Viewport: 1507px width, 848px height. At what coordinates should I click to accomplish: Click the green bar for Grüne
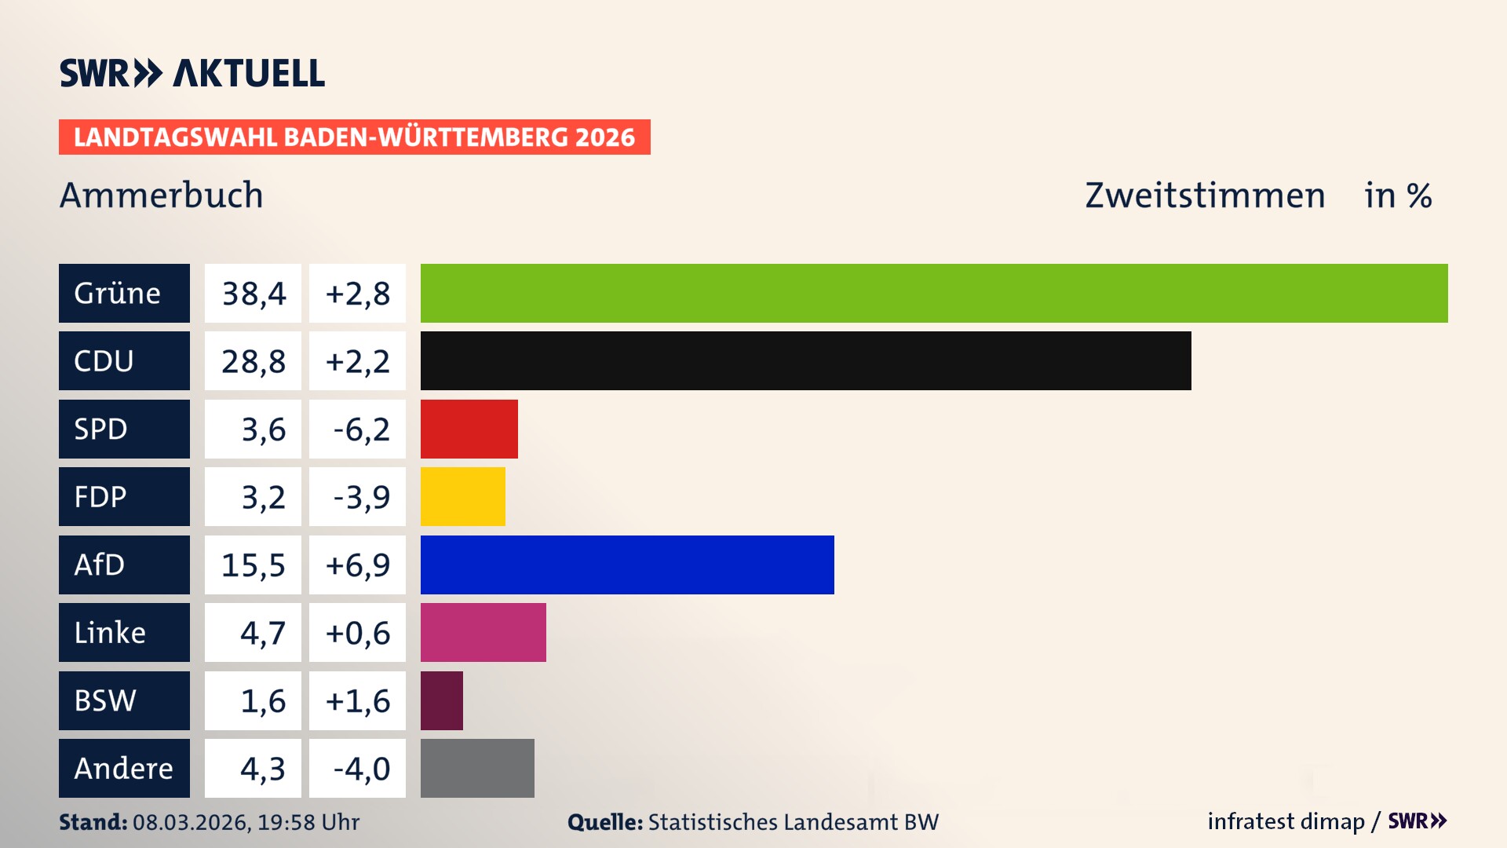934,293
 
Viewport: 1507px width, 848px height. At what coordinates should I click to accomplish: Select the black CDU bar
805,360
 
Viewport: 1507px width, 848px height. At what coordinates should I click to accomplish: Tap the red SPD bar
469,429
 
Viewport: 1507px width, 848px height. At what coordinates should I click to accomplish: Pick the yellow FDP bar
462,496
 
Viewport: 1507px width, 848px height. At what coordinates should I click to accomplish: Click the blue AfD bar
627,565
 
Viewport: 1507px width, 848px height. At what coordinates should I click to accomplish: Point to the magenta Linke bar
483,632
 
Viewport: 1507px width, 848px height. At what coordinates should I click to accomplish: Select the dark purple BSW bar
441,700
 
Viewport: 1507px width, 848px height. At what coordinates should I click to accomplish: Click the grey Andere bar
477,768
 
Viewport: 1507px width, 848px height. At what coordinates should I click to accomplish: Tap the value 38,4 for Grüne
254,294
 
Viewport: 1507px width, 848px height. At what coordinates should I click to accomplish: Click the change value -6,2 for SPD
360,429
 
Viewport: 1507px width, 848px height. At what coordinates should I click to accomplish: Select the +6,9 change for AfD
358,565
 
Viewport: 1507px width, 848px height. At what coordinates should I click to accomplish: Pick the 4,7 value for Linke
262,633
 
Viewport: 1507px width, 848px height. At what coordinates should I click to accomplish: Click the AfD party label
100,565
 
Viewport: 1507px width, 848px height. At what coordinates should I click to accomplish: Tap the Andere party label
123,768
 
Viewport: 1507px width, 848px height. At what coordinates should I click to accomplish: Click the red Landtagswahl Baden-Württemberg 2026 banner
354,137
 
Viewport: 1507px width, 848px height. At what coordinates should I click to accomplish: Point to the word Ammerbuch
161,195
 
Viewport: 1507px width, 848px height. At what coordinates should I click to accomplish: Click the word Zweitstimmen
1205,195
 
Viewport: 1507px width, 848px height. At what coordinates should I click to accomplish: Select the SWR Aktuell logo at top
192,73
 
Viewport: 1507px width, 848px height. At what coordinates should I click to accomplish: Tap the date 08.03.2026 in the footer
190,822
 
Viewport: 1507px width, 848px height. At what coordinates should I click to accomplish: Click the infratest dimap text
1286,821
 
